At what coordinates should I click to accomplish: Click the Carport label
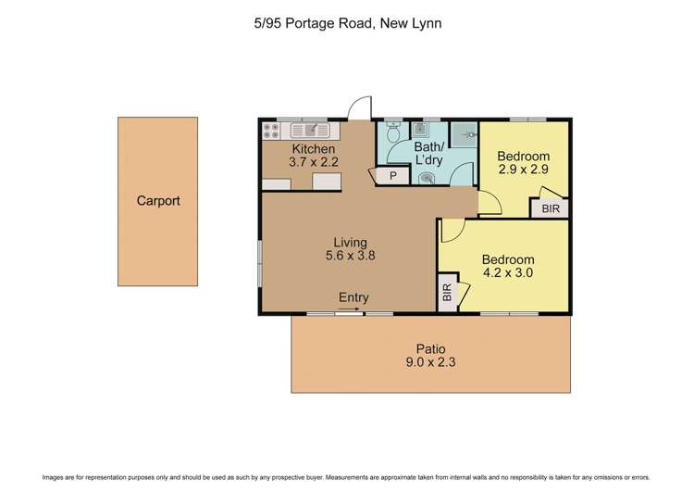[x=157, y=200]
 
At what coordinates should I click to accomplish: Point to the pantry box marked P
[x=392, y=174]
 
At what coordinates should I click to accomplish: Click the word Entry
[x=353, y=297]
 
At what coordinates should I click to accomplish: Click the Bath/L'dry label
[x=428, y=154]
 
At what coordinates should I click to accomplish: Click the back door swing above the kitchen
[x=362, y=109]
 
